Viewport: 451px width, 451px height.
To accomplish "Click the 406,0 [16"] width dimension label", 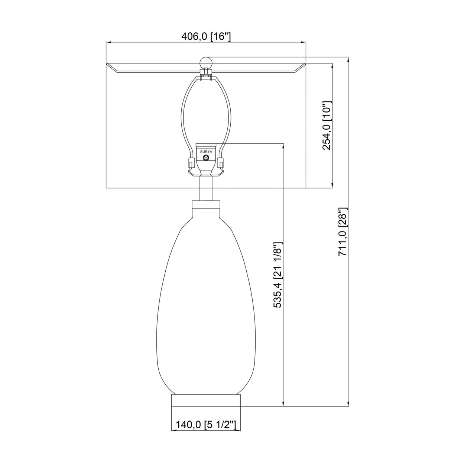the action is coord(206,36).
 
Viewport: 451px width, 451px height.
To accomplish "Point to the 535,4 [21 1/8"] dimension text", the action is coord(279,275).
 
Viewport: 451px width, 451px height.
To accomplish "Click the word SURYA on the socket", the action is coord(206,152).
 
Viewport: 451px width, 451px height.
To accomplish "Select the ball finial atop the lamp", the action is coord(206,63).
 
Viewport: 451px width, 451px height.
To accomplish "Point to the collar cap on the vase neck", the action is coord(206,204).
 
